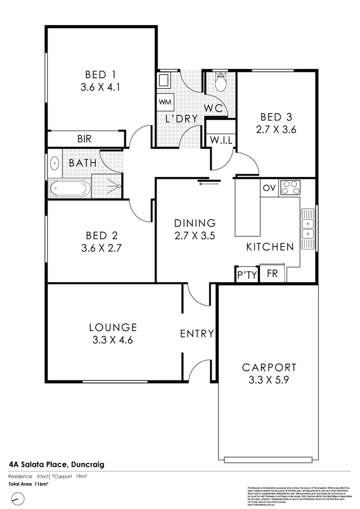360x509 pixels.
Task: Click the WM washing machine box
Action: (165, 102)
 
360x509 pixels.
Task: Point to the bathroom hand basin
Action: (54, 163)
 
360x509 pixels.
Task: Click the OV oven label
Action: (269, 188)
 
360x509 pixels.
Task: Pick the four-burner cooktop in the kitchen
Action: (289, 187)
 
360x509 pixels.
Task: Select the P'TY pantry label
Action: (247, 275)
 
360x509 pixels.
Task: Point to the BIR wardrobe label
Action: (84, 139)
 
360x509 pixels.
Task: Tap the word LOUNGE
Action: (113, 328)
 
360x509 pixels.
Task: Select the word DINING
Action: (194, 223)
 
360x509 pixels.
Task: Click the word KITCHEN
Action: (270, 247)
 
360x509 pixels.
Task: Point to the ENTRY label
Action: (197, 334)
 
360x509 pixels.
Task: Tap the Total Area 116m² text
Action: (29, 484)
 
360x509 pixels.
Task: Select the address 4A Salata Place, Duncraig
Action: (57, 464)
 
